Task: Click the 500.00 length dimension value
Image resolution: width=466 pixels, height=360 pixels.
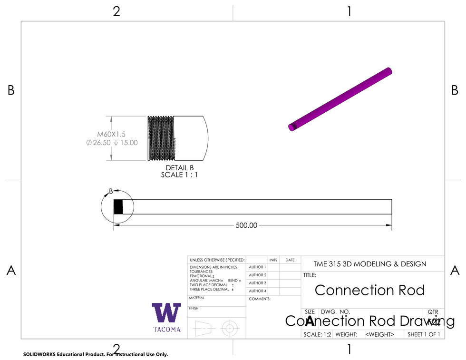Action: pyautogui.click(x=246, y=225)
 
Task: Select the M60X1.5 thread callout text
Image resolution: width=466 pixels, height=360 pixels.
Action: pyautogui.click(x=112, y=135)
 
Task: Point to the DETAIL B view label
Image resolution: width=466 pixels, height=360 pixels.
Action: pyautogui.click(x=179, y=168)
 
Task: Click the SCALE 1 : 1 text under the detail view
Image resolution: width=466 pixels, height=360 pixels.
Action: pyautogui.click(x=179, y=175)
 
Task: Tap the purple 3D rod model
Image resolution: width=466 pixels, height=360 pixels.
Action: pyautogui.click(x=341, y=99)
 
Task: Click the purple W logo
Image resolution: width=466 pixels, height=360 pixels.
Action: pyautogui.click(x=166, y=313)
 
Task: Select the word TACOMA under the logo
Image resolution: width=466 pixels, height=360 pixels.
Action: pyautogui.click(x=166, y=330)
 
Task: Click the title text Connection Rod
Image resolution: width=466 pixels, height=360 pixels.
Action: pyautogui.click(x=369, y=290)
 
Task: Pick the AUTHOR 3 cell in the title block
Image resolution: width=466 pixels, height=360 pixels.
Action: pyautogui.click(x=257, y=283)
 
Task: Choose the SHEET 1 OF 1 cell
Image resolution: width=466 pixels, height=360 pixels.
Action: pyautogui.click(x=424, y=334)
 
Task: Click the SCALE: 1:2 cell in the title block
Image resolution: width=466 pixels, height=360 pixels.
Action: pyautogui.click(x=317, y=334)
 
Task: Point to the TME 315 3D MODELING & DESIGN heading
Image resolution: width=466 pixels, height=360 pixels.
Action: pyautogui.click(x=370, y=264)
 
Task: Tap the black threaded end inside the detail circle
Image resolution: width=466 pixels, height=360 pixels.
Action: pyautogui.click(x=118, y=207)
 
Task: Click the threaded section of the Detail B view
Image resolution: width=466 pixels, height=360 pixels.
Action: pyautogui.click(x=161, y=138)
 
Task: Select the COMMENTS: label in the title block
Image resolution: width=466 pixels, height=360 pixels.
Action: pyautogui.click(x=260, y=299)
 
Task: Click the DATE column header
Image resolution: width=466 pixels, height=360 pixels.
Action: pyautogui.click(x=290, y=260)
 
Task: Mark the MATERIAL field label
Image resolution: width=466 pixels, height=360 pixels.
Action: pyautogui.click(x=196, y=298)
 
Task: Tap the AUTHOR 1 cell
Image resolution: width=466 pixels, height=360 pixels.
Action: pyautogui.click(x=257, y=267)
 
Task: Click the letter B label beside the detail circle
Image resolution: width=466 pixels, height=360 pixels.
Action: pyautogui.click(x=111, y=191)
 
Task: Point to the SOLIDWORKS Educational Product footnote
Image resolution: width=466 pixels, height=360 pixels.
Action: pyautogui.click(x=96, y=354)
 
